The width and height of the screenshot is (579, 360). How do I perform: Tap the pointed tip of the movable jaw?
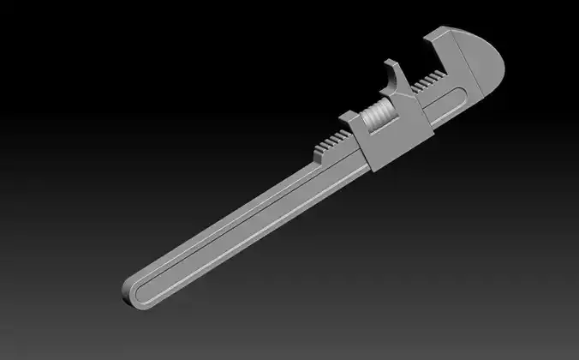tap(388, 62)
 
